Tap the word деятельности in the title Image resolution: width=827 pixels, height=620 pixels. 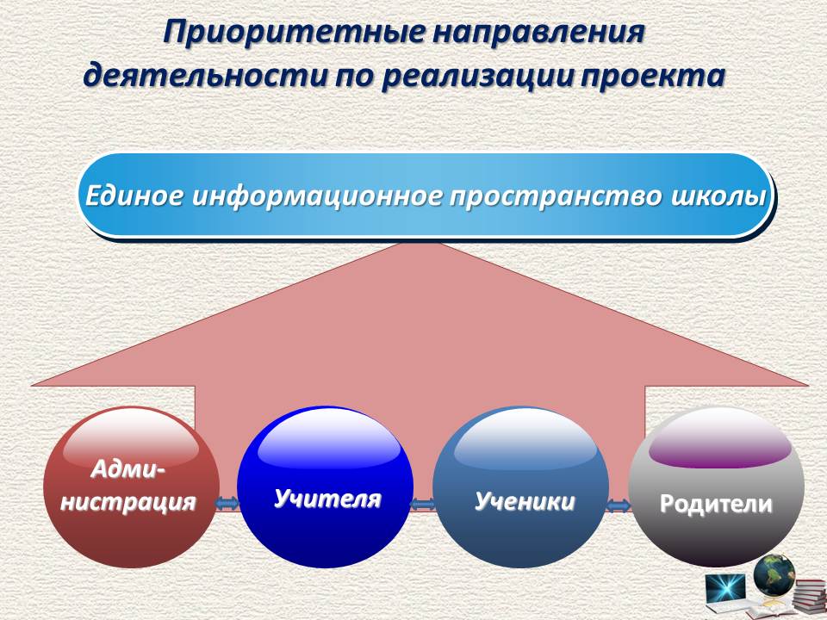[208, 76]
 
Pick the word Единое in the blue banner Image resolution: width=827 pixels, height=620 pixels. [134, 196]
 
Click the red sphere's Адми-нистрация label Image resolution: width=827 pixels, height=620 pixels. [128, 486]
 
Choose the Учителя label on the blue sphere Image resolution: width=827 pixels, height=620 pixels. [327, 499]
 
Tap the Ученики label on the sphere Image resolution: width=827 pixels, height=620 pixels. [525, 501]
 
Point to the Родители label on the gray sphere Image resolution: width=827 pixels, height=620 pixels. [716, 504]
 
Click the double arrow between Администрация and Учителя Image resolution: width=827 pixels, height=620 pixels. [227, 504]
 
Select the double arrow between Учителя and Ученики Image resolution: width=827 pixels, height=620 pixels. [423, 505]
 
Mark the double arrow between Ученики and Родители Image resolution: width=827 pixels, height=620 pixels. [619, 506]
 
